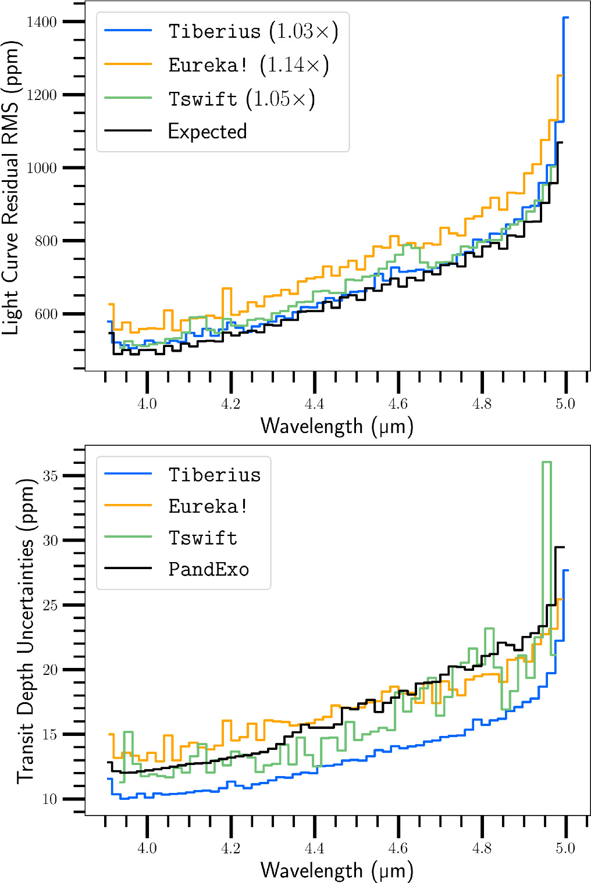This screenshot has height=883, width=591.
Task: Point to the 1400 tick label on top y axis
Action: click(x=42, y=22)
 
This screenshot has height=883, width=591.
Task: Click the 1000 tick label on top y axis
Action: click(x=42, y=168)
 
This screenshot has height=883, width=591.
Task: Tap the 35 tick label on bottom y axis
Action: click(x=50, y=476)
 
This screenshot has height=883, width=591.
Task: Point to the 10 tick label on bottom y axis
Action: click(x=50, y=799)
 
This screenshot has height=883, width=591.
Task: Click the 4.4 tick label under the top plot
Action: click(x=314, y=403)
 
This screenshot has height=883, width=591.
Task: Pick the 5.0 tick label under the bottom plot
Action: click(x=565, y=848)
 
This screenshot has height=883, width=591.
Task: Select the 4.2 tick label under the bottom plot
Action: click(x=230, y=848)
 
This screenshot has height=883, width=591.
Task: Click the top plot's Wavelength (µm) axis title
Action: click(x=337, y=426)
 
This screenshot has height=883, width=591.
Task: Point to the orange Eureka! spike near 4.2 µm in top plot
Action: click(x=226, y=289)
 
